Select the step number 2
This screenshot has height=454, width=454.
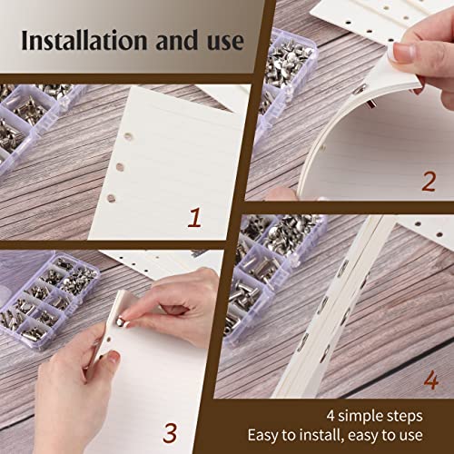[429, 180]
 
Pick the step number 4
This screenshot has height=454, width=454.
[429, 380]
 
